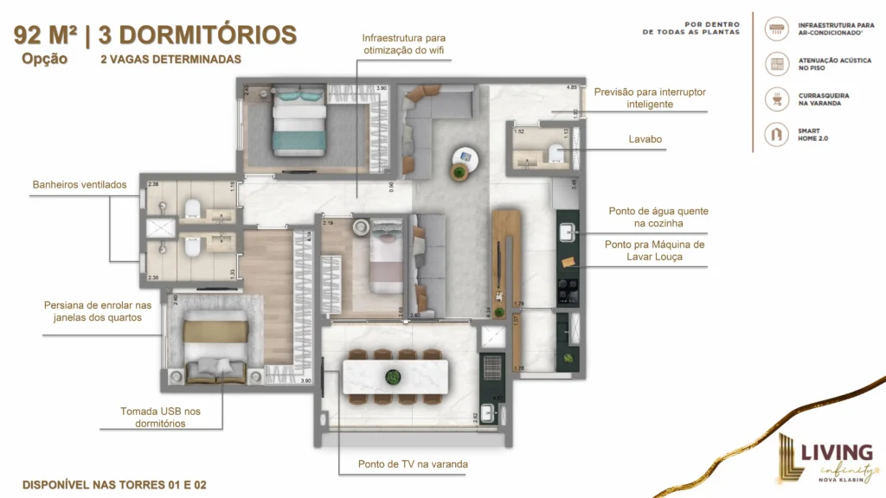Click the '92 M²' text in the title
point(50,35)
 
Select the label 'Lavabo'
point(646,138)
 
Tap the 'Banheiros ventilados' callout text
point(80,184)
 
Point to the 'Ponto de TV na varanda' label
point(413,464)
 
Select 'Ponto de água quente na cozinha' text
point(658,217)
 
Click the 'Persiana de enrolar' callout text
point(98,311)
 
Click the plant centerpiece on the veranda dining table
point(394,376)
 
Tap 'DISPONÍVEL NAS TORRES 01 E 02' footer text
point(114,484)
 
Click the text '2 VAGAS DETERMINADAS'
point(170,60)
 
